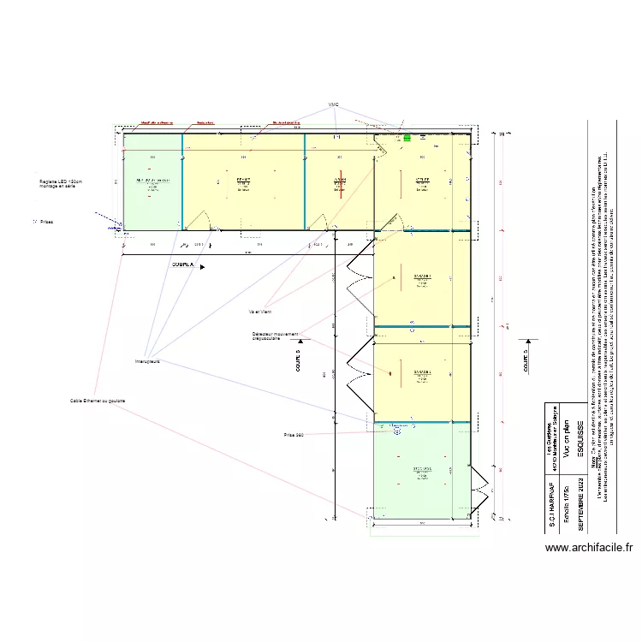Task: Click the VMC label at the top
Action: click(x=334, y=105)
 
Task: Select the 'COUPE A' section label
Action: click(x=183, y=265)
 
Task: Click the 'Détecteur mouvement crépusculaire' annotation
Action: click(x=276, y=336)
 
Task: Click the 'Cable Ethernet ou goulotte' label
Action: click(x=98, y=401)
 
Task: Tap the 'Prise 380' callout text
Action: click(x=294, y=435)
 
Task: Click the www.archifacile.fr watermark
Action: click(x=588, y=548)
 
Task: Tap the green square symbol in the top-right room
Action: click(x=407, y=136)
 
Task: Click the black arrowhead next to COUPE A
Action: click(x=202, y=266)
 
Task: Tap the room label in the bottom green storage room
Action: click(x=423, y=470)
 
